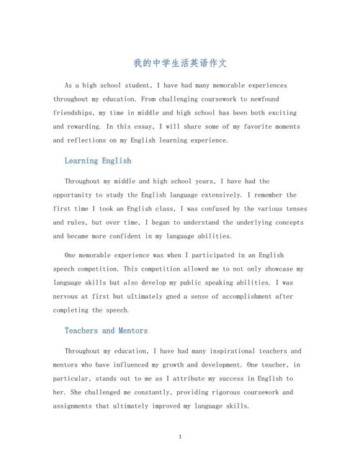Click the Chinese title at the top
[x=180, y=63]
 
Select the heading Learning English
[x=98, y=161]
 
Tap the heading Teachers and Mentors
[x=106, y=331]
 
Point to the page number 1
[x=180, y=437]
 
